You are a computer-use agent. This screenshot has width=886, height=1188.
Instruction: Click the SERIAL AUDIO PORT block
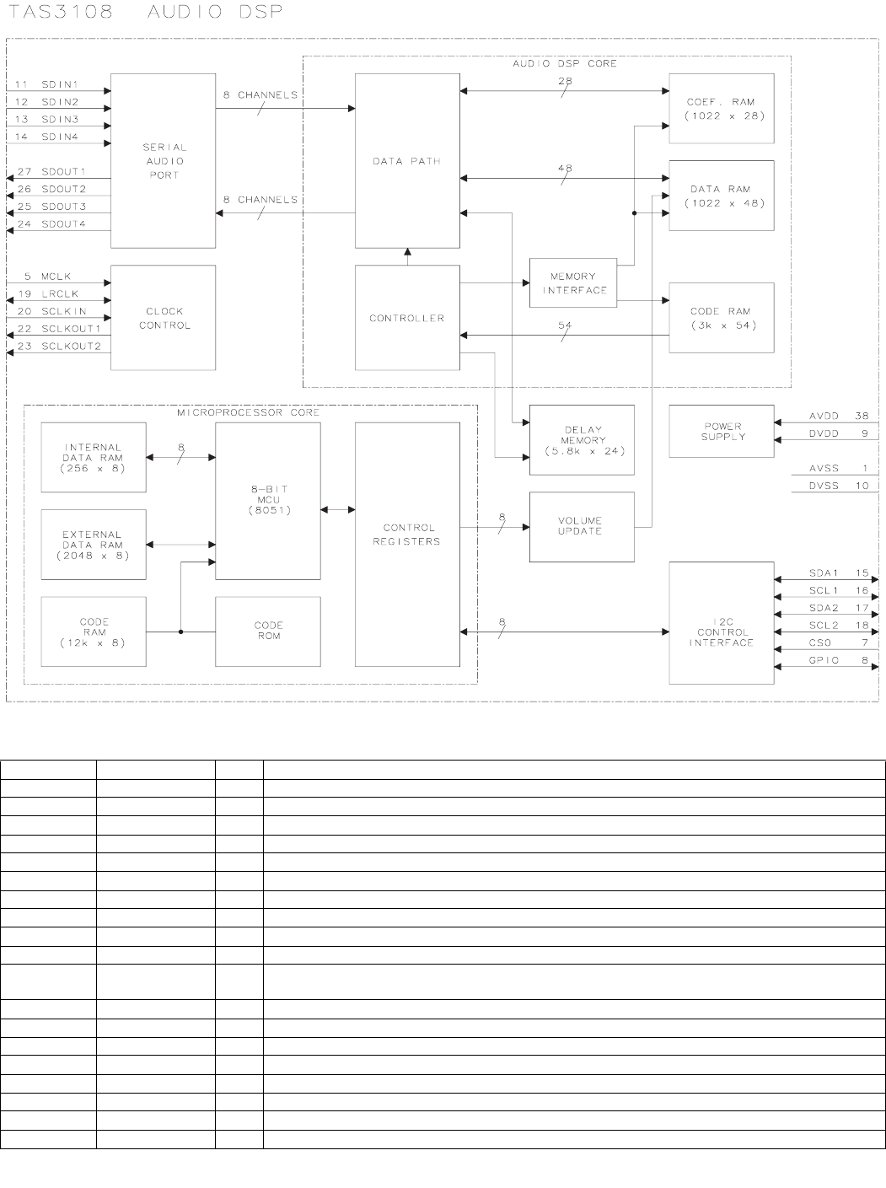click(x=164, y=160)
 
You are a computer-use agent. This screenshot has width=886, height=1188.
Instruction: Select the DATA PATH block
click(x=407, y=160)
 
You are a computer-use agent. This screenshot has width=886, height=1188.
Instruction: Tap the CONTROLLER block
click(x=407, y=318)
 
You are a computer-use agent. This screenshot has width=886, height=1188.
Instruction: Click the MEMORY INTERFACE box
click(x=573, y=283)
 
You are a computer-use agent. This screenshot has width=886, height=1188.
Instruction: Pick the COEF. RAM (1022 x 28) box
click(x=721, y=108)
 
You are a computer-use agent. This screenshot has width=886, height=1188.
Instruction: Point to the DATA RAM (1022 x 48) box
click(x=721, y=196)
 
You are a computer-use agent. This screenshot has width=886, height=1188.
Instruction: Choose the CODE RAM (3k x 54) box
click(x=721, y=318)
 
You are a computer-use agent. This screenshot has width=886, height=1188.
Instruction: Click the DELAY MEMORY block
click(x=582, y=440)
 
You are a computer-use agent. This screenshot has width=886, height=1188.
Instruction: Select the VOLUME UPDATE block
click(x=582, y=526)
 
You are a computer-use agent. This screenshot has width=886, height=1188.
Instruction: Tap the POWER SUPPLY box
click(x=721, y=432)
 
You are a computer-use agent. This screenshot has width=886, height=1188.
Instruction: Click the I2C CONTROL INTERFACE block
click(x=721, y=623)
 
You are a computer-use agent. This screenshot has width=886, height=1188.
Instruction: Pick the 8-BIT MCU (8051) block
click(x=268, y=501)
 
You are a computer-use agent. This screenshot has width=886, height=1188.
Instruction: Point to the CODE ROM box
click(x=268, y=631)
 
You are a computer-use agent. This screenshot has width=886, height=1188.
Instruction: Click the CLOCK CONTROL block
click(x=164, y=318)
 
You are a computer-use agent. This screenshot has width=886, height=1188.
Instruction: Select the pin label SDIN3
click(x=60, y=120)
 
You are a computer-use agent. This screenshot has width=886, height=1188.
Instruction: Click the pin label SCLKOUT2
click(x=71, y=346)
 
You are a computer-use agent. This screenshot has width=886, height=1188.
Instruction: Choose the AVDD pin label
click(x=823, y=416)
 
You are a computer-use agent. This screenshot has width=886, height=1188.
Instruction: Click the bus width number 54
click(x=565, y=325)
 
